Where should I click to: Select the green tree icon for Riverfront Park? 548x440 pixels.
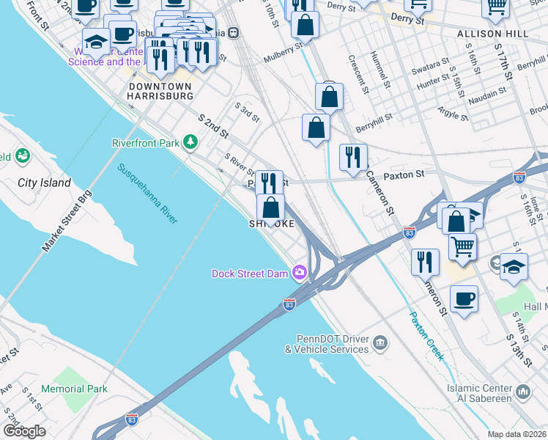point(190,142)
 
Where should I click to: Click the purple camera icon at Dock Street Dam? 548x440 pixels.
point(299,273)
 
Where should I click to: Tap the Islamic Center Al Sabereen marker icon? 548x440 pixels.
point(523,392)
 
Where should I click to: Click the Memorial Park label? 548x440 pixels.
point(74,389)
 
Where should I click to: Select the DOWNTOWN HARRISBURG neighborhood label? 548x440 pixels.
point(160,91)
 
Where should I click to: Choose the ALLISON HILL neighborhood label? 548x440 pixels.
point(492,34)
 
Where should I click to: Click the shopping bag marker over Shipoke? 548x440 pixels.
point(271,208)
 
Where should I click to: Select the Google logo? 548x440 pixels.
point(24,431)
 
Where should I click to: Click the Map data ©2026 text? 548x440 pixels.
point(516,434)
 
